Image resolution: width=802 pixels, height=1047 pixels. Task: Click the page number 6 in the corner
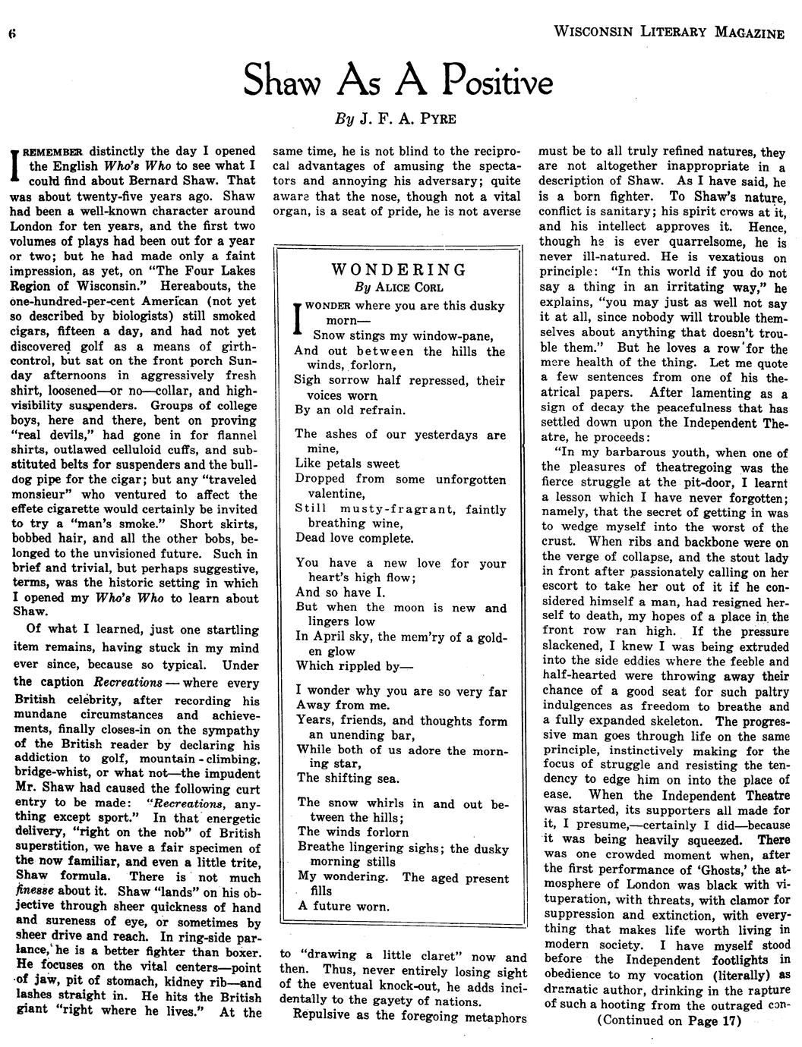(x=12, y=33)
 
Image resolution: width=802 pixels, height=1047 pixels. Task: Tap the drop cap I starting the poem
(x=298, y=319)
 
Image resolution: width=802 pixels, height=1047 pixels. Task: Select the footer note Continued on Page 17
(x=668, y=1020)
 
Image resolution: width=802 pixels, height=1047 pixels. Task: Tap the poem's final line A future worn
(x=343, y=906)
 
